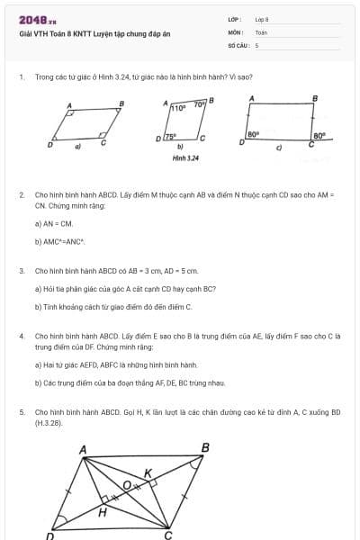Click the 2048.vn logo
(38, 19)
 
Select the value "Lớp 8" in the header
(262, 19)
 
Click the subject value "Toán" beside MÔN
(261, 31)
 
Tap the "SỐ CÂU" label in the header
(238, 44)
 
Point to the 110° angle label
(178, 107)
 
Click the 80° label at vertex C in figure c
(318, 138)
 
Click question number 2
(21, 194)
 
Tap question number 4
(21, 336)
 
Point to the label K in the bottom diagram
(148, 472)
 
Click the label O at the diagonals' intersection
(128, 485)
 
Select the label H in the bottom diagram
(103, 512)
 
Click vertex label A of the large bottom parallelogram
(83, 448)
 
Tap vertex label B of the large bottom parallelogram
(205, 447)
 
